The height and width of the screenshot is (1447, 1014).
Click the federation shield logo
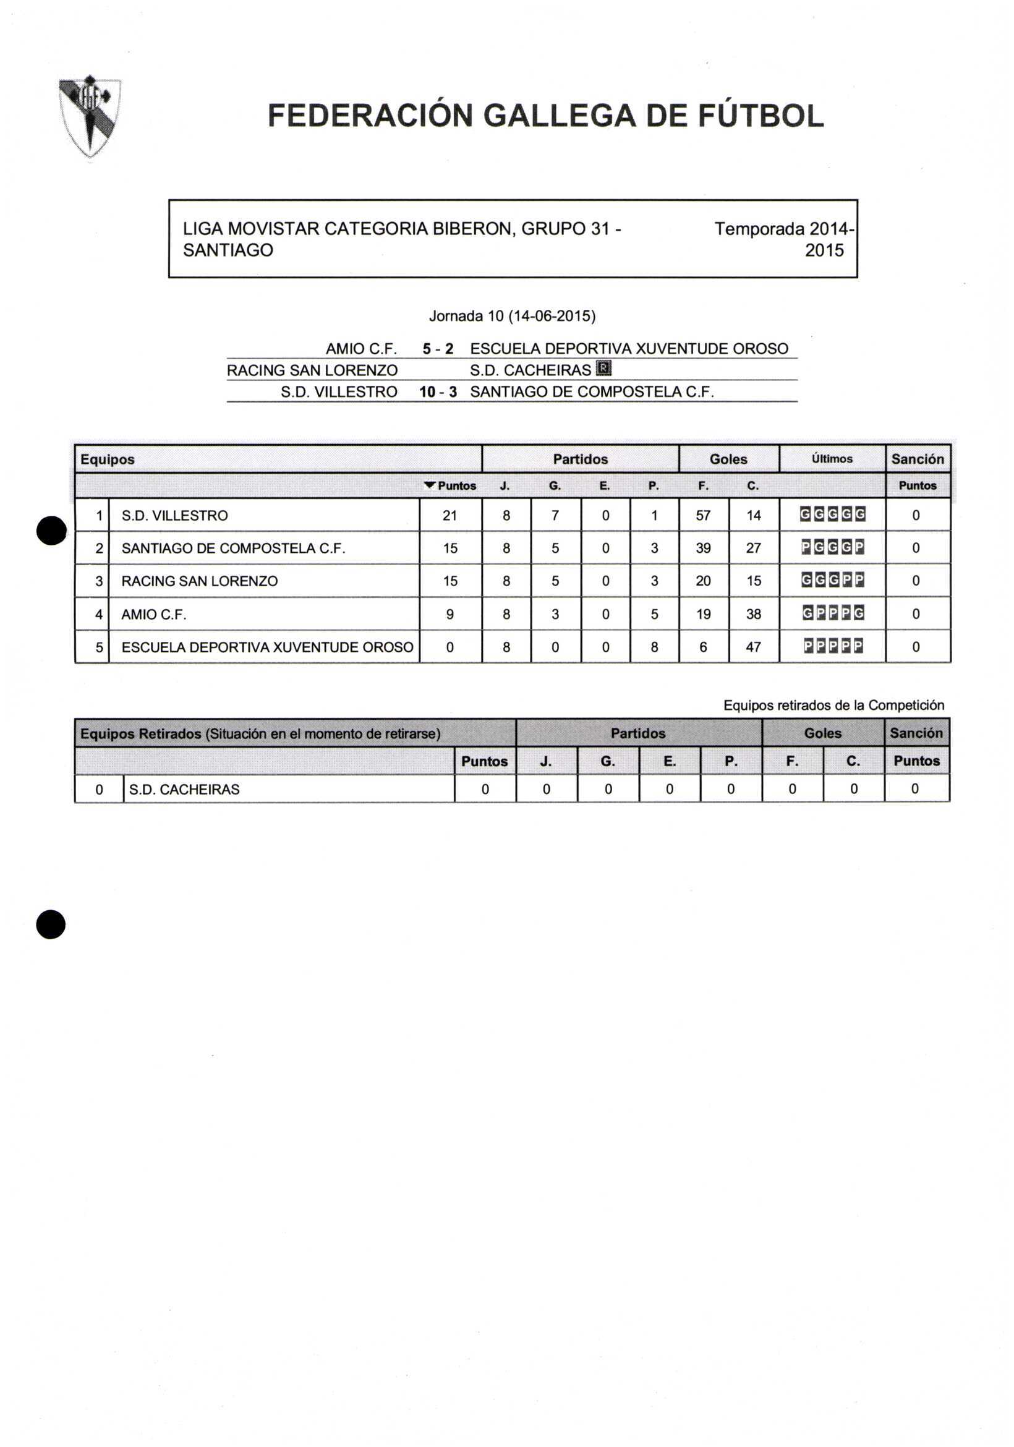(90, 116)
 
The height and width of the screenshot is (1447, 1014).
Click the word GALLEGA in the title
(560, 116)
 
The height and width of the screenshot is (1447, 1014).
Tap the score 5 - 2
(438, 349)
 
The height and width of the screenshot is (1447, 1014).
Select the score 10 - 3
(438, 392)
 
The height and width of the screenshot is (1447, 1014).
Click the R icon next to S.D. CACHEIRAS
(603, 369)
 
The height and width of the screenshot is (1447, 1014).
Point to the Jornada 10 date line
(512, 316)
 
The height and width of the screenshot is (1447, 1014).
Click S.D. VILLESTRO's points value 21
(449, 516)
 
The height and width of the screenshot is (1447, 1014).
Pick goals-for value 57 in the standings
(704, 516)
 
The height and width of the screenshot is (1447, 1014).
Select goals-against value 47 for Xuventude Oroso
(753, 647)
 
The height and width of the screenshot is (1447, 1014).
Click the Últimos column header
(832, 459)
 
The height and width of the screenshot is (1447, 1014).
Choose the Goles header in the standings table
(728, 459)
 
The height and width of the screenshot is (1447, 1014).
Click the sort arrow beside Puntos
(430, 485)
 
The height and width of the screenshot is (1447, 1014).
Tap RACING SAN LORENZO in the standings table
(199, 581)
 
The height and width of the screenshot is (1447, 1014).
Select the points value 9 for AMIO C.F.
(449, 614)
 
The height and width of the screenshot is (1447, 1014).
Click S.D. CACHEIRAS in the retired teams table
(184, 790)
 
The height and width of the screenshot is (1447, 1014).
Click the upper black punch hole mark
(51, 529)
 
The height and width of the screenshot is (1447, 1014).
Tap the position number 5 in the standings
(99, 647)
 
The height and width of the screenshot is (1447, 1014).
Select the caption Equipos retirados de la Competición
(833, 705)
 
